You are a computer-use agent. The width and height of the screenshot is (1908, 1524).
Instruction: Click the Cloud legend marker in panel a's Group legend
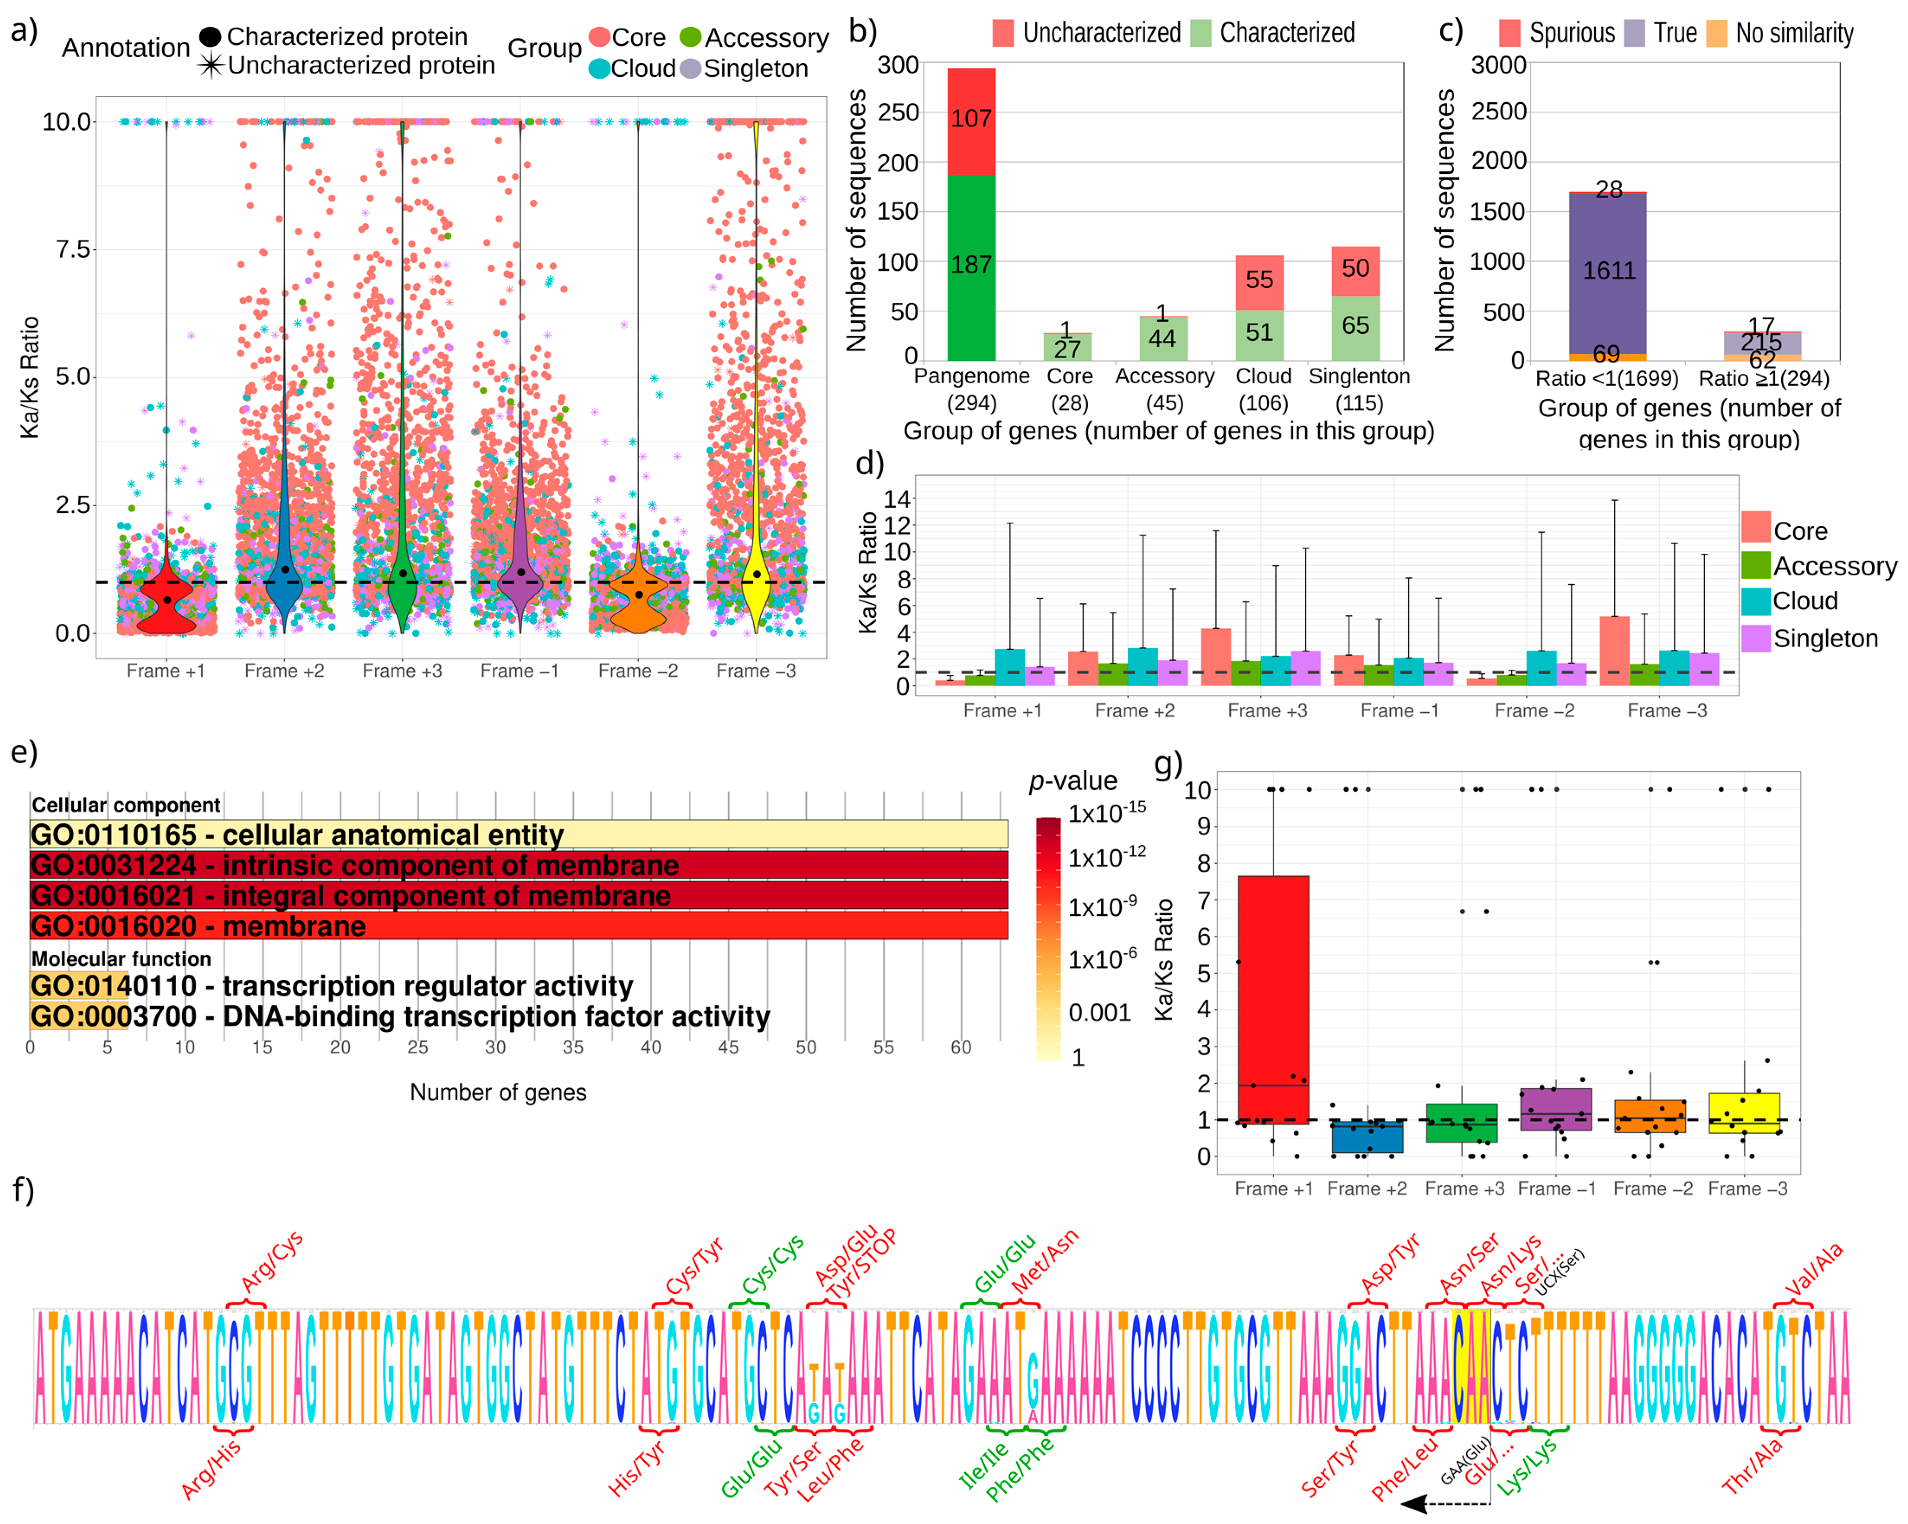tap(599, 69)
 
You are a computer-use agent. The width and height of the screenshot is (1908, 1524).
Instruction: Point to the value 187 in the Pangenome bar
tap(971, 265)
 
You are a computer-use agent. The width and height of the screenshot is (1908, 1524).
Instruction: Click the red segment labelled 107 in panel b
tap(971, 119)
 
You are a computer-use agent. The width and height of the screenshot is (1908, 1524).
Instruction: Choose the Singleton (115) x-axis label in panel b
tap(1359, 389)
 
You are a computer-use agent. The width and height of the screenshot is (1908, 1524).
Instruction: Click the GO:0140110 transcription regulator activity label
tap(332, 986)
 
